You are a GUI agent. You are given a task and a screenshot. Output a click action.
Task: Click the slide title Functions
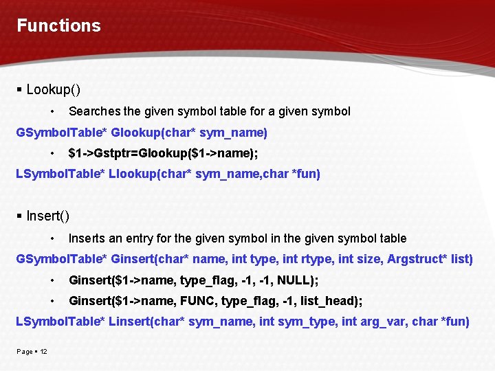pyautogui.click(x=58, y=26)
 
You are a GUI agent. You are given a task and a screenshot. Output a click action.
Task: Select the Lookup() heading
pyautogui.click(x=53, y=89)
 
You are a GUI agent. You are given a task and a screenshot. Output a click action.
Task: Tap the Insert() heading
pyautogui.click(x=47, y=216)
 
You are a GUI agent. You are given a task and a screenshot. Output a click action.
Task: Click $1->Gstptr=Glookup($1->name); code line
pyautogui.click(x=163, y=153)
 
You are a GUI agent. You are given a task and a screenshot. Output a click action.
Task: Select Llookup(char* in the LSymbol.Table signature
pyautogui.click(x=151, y=175)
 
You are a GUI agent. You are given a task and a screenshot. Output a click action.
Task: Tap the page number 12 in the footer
pyautogui.click(x=43, y=352)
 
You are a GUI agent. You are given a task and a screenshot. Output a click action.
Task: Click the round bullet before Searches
pyautogui.click(x=53, y=111)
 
